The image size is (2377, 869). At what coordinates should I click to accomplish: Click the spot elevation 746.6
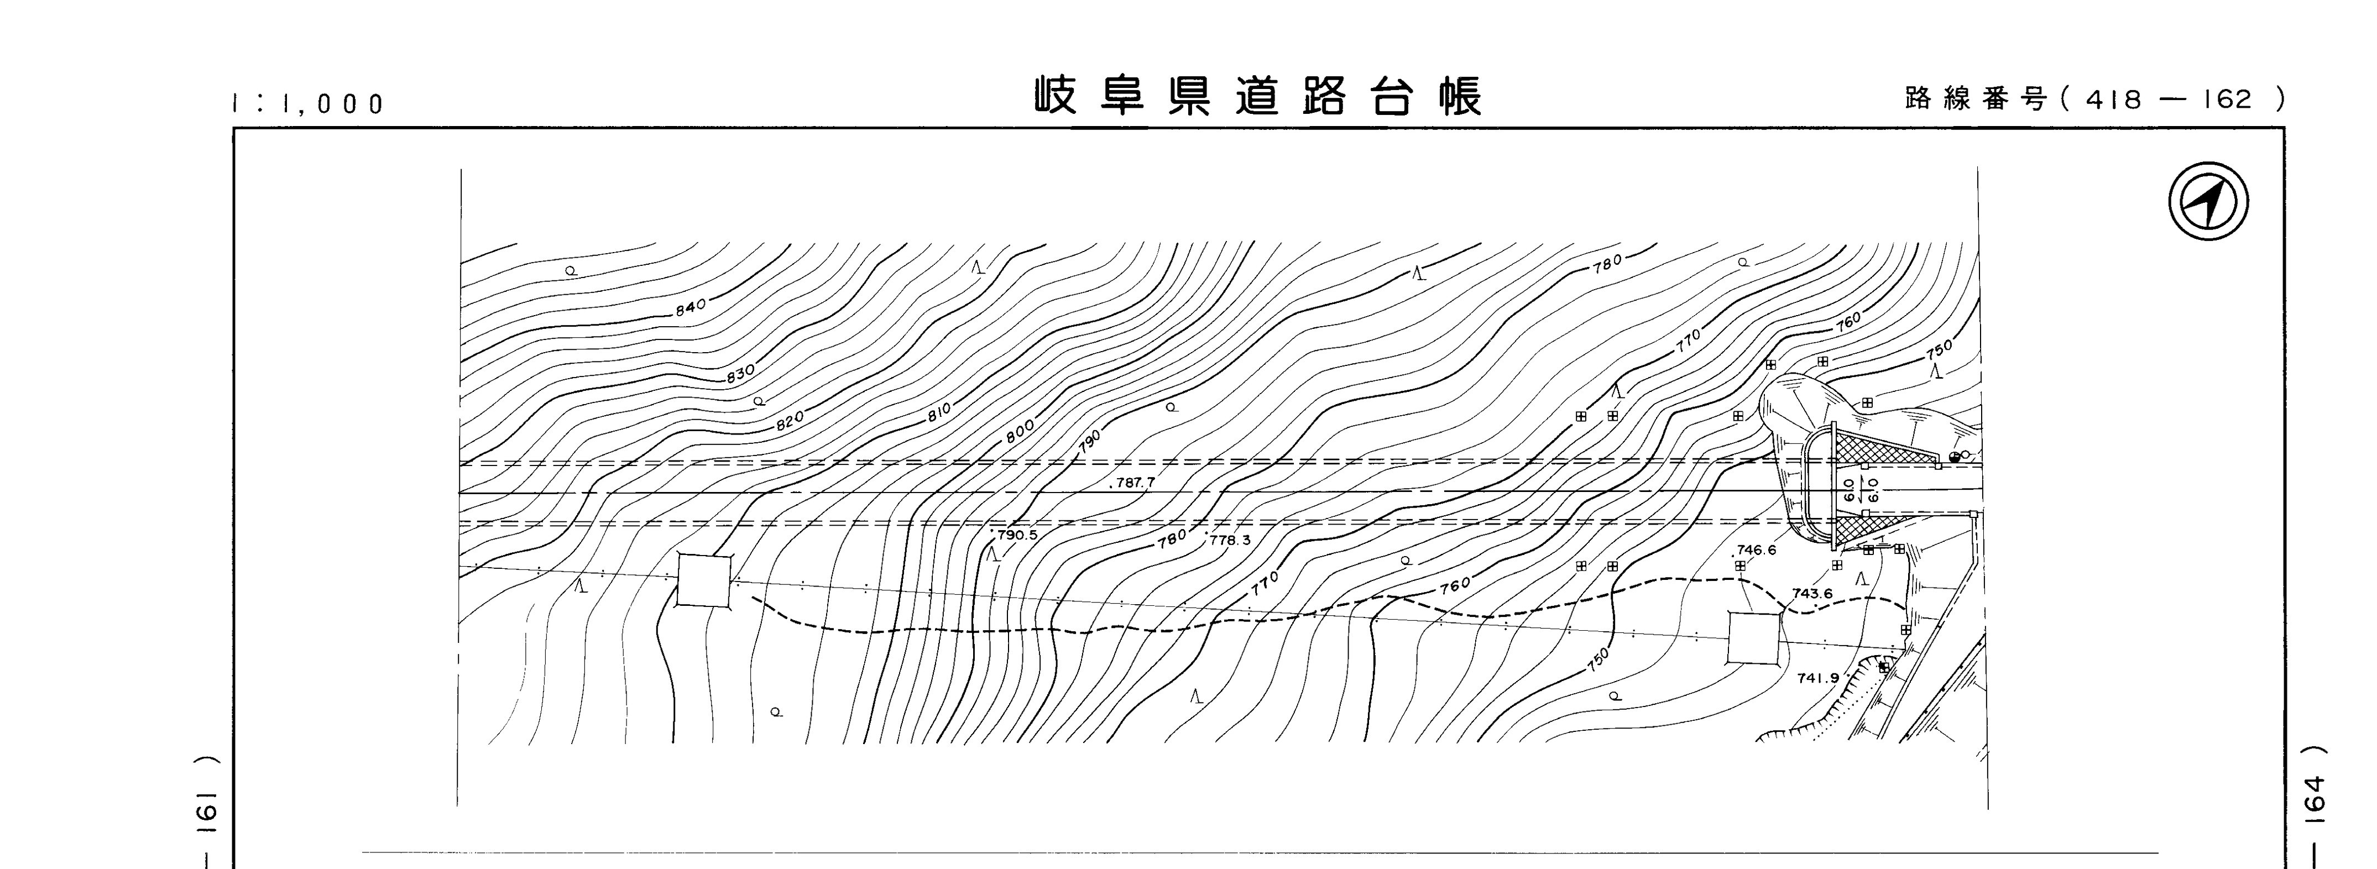[1755, 550]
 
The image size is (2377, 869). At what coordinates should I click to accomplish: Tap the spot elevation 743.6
[1812, 593]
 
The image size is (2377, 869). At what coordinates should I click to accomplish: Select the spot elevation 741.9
[1817, 678]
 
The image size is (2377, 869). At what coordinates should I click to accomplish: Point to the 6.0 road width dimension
[1848, 490]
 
